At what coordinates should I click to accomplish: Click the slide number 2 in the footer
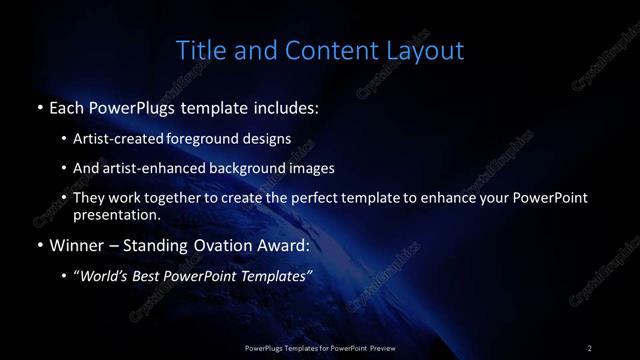tap(590, 347)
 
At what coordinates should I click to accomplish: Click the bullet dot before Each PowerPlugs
tap(38, 105)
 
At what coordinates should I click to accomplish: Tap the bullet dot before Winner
tap(38, 243)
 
